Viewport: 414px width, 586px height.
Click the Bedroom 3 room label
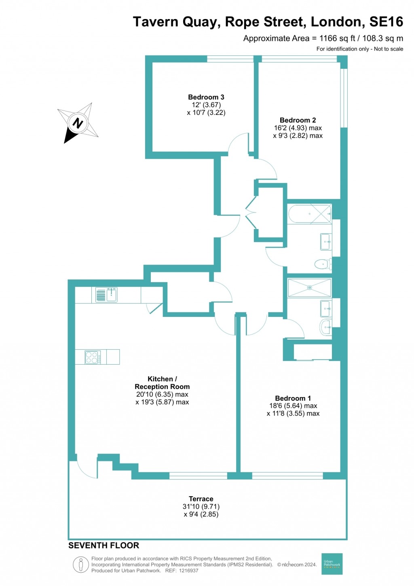coord(206,97)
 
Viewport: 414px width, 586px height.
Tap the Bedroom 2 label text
coord(298,120)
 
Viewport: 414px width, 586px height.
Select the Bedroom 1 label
coord(293,398)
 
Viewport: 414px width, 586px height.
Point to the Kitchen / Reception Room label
coord(162,383)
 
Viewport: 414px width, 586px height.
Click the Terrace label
coord(201,499)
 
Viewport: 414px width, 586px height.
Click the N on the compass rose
coord(78,123)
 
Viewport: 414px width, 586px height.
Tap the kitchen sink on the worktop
coord(107,295)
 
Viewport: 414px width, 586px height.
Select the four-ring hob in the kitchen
coord(93,357)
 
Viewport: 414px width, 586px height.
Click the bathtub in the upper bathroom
coord(309,214)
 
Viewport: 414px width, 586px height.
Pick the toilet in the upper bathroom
coord(323,265)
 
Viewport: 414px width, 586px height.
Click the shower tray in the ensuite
coord(309,288)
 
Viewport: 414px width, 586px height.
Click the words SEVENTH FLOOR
coord(103,546)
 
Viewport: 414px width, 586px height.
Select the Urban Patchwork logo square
coord(332,564)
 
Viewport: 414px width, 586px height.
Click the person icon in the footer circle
coord(81,564)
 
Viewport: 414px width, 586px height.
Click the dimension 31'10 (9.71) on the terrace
coord(201,507)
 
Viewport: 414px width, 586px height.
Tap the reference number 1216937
coord(188,571)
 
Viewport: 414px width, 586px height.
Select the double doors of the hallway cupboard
coord(251,212)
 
